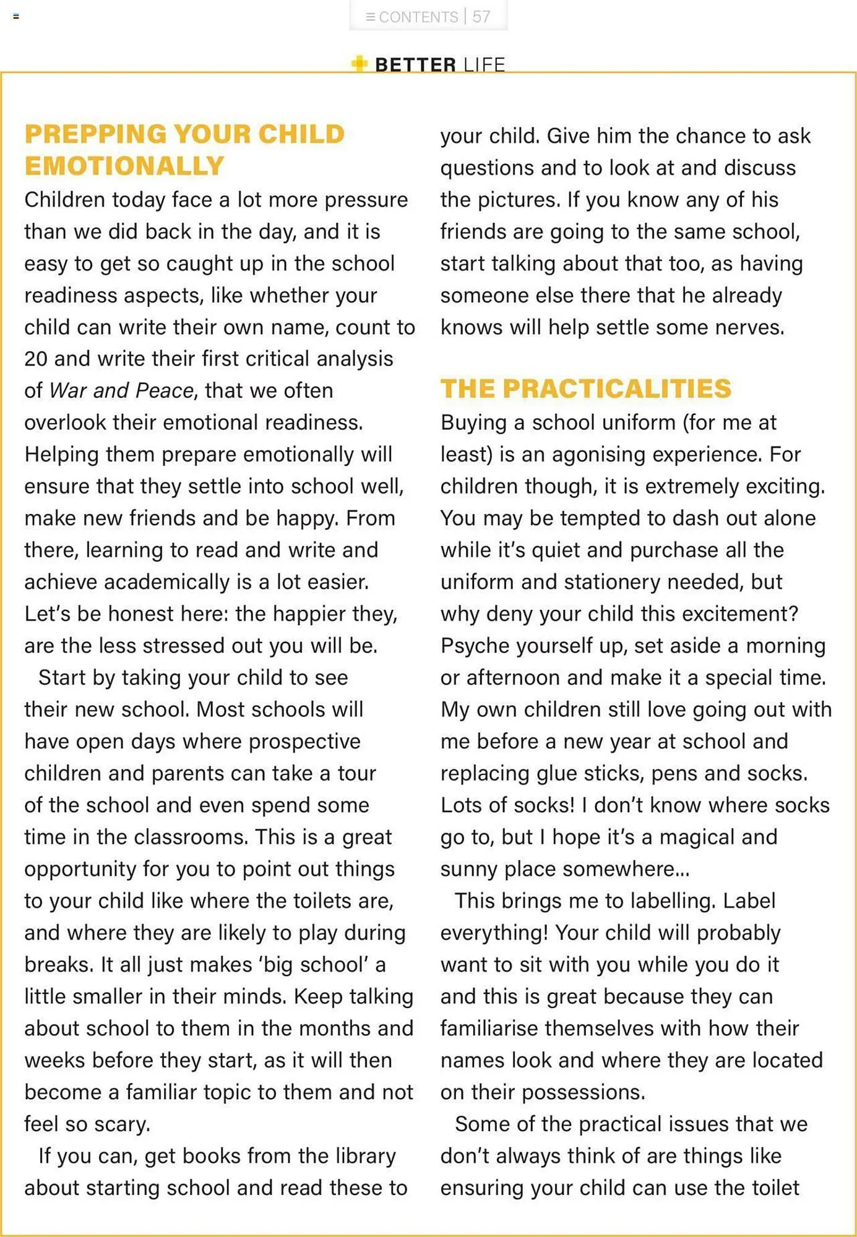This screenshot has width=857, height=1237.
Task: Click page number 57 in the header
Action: [x=481, y=17]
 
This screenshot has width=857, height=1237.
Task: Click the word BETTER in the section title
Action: [x=415, y=65]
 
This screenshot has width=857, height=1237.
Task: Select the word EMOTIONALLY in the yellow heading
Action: [x=124, y=166]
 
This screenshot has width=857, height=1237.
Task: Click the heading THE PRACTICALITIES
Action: [x=585, y=388]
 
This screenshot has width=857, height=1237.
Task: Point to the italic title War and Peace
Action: [x=121, y=390]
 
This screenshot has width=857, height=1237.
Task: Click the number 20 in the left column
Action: [x=36, y=359]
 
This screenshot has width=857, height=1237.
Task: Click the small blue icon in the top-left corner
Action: [x=16, y=17]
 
